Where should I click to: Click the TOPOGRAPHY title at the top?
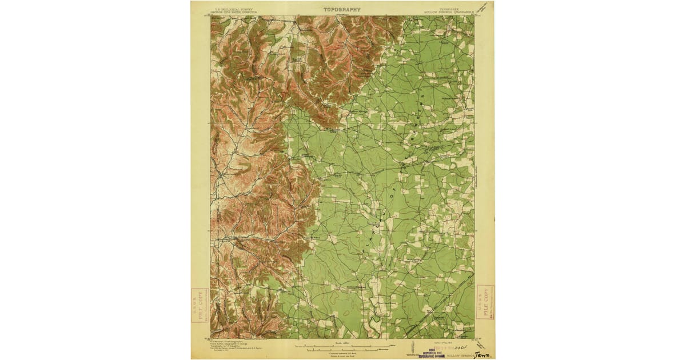pyautogui.click(x=342, y=9)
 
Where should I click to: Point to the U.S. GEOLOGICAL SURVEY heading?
pyautogui.click(x=233, y=9)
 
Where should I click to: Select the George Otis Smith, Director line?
pyautogui.click(x=233, y=12)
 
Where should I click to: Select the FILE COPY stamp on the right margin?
pyautogui.click(x=485, y=302)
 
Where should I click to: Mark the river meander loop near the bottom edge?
pyautogui.click(x=374, y=323)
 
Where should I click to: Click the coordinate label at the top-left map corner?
pyautogui.click(x=207, y=16)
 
